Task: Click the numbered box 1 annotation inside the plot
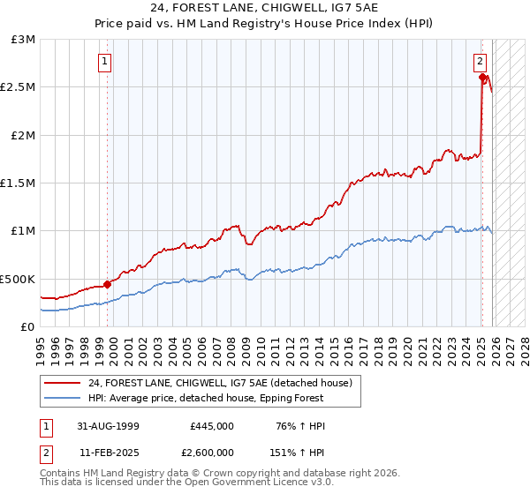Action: tap(105, 62)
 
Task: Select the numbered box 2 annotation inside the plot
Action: tap(480, 62)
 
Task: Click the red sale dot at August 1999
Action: tap(108, 284)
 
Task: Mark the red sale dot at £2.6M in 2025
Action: tap(483, 78)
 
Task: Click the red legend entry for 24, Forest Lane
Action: tap(221, 383)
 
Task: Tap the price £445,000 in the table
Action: tap(212, 426)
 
